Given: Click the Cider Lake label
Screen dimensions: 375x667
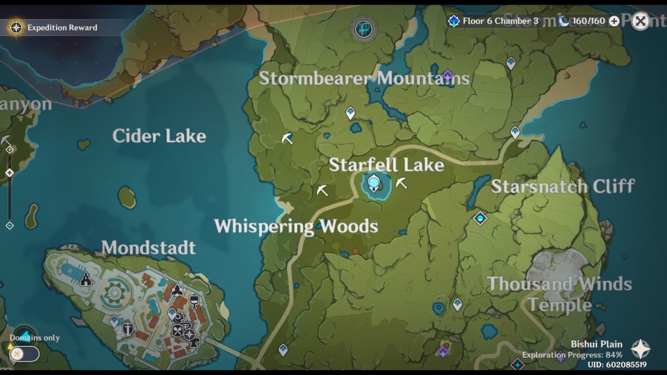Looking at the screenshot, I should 159,136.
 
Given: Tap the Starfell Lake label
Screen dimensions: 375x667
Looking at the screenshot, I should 386,165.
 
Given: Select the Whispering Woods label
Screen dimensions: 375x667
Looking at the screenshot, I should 296,226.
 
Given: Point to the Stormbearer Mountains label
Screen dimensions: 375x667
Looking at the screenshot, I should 364,78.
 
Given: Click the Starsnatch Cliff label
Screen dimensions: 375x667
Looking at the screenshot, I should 563,186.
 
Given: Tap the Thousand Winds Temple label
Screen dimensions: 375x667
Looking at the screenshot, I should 560,294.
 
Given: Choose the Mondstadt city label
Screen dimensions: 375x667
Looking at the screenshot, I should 149,247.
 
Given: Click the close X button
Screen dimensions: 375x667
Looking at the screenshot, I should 640,21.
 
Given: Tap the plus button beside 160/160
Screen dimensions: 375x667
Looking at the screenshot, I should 614,21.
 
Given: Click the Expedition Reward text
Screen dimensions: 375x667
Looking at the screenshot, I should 62,28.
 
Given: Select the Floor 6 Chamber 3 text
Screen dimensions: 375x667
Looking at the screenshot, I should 500,21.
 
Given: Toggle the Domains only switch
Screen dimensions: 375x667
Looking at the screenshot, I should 24,354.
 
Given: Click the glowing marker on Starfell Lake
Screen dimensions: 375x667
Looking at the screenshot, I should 374,183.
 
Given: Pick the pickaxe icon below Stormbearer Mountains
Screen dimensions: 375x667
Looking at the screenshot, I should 287,138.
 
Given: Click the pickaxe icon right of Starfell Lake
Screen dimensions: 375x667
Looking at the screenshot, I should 401,183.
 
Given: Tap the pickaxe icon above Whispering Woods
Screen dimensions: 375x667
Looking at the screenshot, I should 323,190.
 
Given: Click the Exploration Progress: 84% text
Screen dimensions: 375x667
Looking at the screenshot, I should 572,355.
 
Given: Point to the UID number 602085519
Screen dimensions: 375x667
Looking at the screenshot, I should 617,365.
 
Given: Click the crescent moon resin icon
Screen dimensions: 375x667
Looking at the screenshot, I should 564,21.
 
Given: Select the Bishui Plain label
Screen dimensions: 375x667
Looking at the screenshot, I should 596,344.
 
